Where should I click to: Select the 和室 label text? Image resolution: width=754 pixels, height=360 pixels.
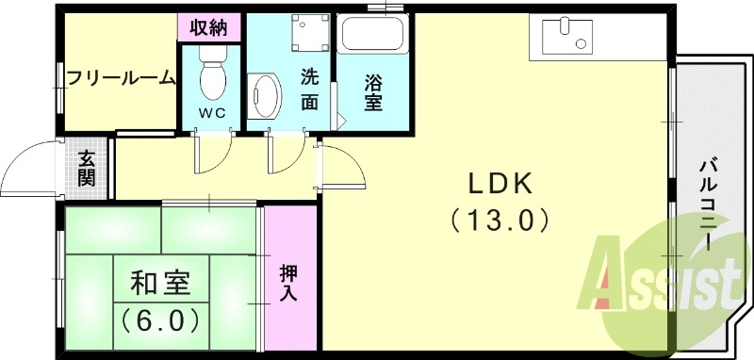point(160,282)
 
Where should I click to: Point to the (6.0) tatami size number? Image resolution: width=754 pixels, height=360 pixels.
point(160,319)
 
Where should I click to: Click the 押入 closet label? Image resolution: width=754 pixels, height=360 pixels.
point(289,282)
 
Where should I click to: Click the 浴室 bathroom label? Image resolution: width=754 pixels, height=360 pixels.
point(374,90)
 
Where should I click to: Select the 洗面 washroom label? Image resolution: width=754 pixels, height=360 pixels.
point(309,90)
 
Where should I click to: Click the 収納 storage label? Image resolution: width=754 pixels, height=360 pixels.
point(210,26)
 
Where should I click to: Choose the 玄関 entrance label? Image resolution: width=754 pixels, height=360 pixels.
point(87,168)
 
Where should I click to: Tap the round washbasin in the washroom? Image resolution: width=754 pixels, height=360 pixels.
point(268,96)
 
